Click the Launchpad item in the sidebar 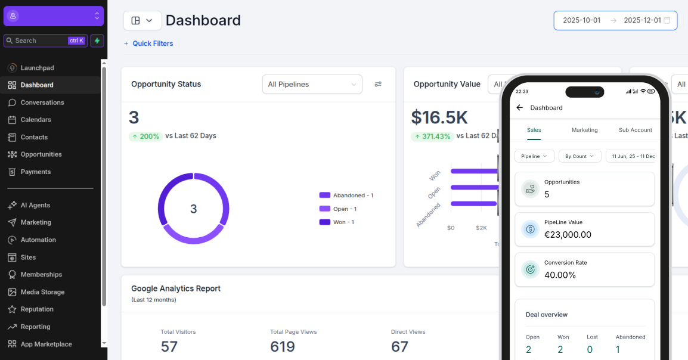tap(37, 68)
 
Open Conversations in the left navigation tap(42, 103)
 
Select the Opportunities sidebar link tap(41, 154)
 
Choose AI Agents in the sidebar tap(35, 205)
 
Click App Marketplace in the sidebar tap(46, 344)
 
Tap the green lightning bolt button tap(97, 41)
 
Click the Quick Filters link tap(152, 44)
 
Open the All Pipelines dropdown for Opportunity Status tap(312, 85)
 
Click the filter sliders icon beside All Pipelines tap(378, 85)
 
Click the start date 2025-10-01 tap(581, 20)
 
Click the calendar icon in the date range tap(667, 20)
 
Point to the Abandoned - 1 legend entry tap(352, 195)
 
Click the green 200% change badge tap(145, 136)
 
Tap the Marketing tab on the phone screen tap(584, 130)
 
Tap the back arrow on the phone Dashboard tap(519, 108)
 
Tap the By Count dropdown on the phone tap(579, 156)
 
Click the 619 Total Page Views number tap(283, 346)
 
